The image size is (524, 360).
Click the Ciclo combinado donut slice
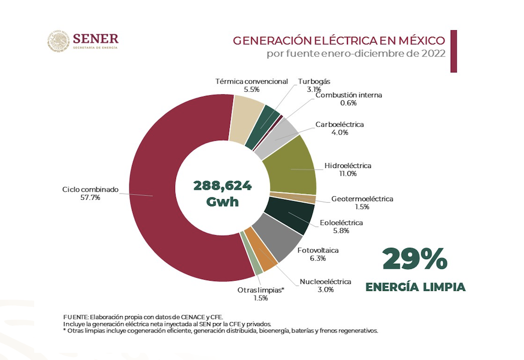pyautogui.click(x=154, y=195)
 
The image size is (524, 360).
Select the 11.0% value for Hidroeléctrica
pyautogui.click(x=348, y=174)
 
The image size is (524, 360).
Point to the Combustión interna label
pyautogui.click(x=348, y=95)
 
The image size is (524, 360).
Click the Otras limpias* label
pyautogui.click(x=260, y=290)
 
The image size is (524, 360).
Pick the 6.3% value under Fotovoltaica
pyautogui.click(x=318, y=258)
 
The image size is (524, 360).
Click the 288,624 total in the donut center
pyautogui.click(x=223, y=185)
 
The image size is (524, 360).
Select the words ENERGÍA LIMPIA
pyautogui.click(x=415, y=287)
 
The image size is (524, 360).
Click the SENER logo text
pyautogui.click(x=96, y=38)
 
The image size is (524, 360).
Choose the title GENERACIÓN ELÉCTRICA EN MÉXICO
pyautogui.click(x=339, y=41)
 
